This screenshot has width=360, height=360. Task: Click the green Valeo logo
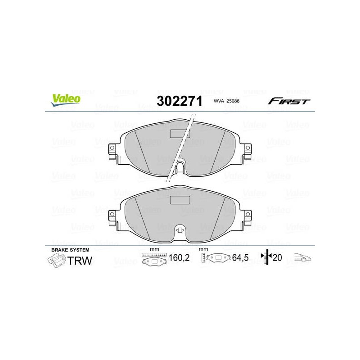pyautogui.click(x=66, y=100)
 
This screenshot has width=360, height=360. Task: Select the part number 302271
pyautogui.click(x=180, y=101)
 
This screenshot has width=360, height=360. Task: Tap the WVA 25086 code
pyautogui.click(x=226, y=101)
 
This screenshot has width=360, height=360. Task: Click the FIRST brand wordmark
pyautogui.click(x=289, y=101)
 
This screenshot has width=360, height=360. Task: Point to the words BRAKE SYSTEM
pyautogui.click(x=70, y=250)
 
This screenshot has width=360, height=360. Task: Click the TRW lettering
pyautogui.click(x=80, y=261)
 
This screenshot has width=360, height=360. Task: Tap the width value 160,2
pyautogui.click(x=179, y=257)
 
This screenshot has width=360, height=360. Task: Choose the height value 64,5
pyautogui.click(x=240, y=257)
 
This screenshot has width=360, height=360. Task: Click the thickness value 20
pyautogui.click(x=277, y=257)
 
